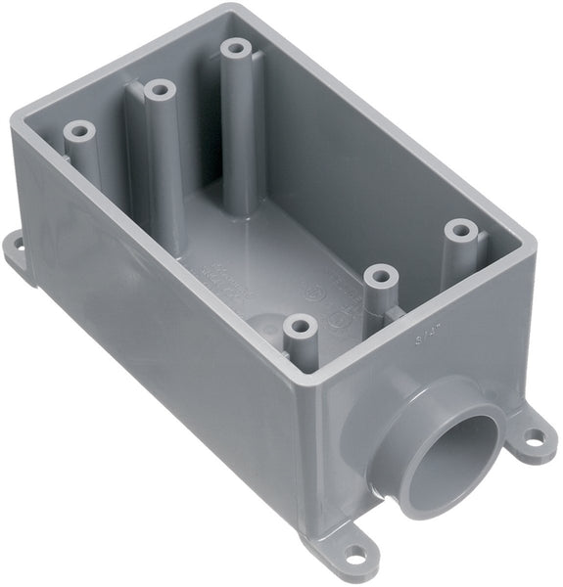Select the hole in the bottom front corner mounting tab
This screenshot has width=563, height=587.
356,553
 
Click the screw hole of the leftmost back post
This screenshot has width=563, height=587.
75,129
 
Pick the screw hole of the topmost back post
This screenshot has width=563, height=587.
234,46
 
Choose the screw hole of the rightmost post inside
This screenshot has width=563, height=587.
457,230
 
